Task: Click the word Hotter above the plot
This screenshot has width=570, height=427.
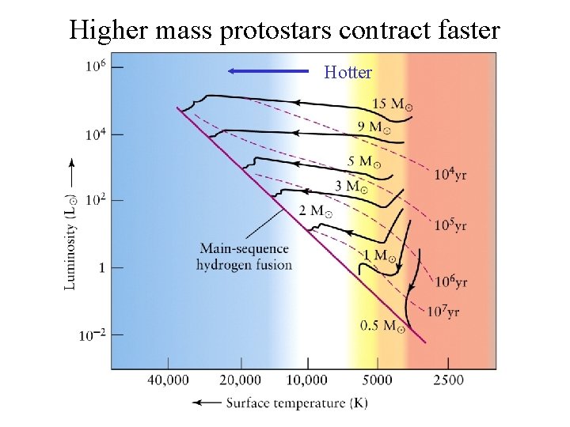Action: tap(348, 73)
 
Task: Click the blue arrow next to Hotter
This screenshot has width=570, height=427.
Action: tap(267, 71)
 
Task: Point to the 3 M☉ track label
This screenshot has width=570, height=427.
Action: tap(350, 187)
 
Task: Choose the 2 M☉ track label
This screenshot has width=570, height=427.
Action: tap(315, 211)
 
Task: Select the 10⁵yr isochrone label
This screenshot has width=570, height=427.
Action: tap(450, 225)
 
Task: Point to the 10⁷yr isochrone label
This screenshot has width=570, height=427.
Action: tap(443, 312)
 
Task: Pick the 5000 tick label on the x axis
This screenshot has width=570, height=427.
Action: tap(378, 380)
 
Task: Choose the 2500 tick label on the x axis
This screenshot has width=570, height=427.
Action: tap(449, 380)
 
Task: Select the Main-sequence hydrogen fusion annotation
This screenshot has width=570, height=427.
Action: tap(244, 257)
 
